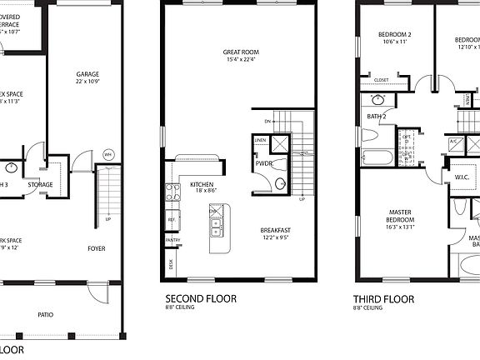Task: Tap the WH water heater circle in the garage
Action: tap(107, 155)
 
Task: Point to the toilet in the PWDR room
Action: tap(280, 182)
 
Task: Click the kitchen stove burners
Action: tap(174, 193)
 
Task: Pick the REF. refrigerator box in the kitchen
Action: tap(172, 220)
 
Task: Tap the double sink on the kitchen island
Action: tap(215, 222)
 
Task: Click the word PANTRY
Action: tap(172, 241)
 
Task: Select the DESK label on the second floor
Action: tap(171, 266)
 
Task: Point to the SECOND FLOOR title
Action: tap(200, 297)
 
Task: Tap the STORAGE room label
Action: tap(41, 184)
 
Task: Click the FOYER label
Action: tap(97, 248)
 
